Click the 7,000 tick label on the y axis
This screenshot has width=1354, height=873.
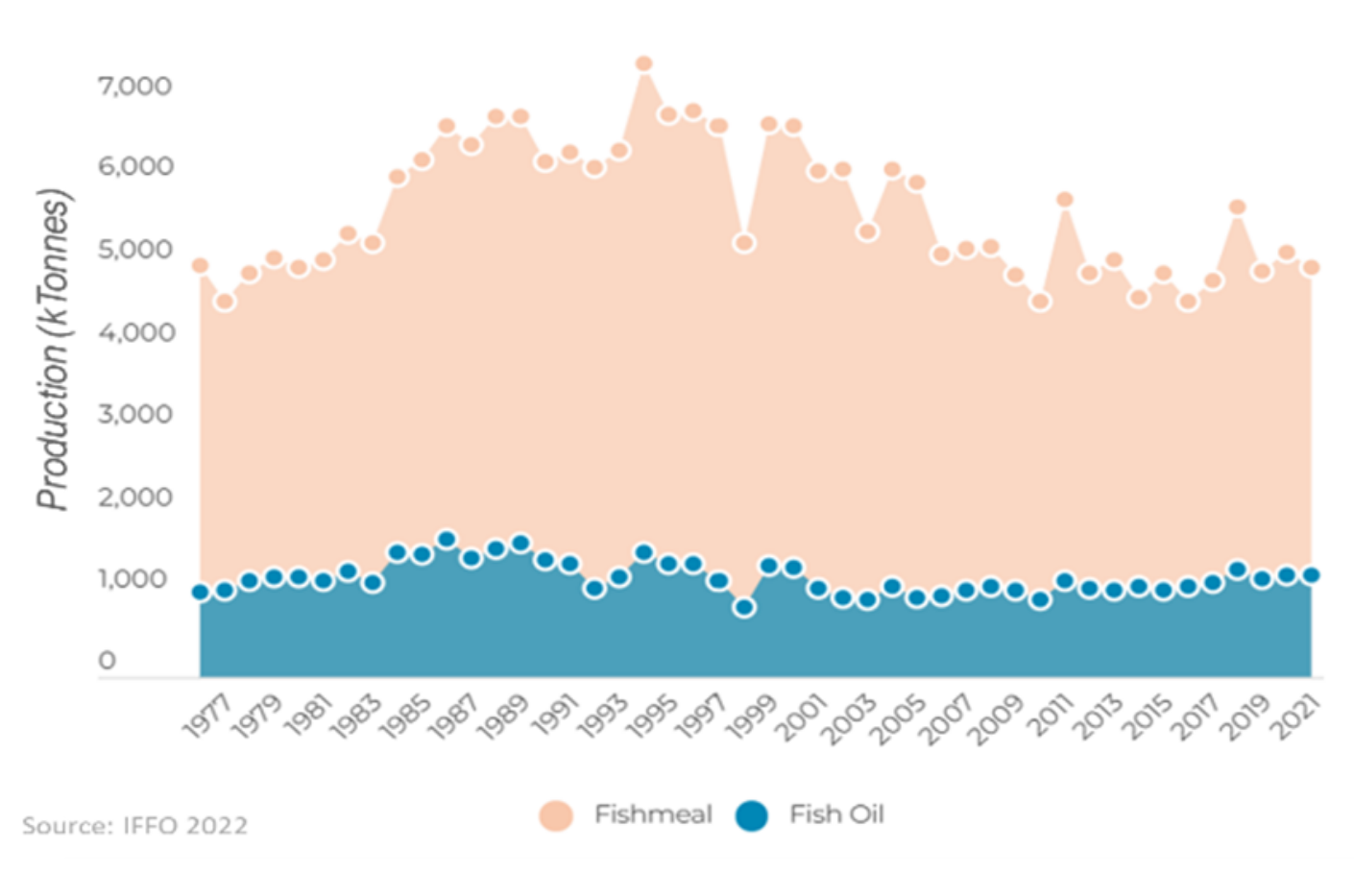point(134,86)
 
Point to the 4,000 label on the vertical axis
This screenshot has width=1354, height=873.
point(134,332)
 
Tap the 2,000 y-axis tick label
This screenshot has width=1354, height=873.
point(134,497)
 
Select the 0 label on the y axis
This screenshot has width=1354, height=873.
point(107,661)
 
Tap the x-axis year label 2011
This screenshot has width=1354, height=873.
point(1047,716)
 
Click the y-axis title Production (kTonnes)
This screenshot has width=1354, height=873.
point(54,350)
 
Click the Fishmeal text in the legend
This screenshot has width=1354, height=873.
point(653,814)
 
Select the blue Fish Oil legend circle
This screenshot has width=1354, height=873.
point(752,815)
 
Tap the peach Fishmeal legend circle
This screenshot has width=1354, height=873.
point(556,815)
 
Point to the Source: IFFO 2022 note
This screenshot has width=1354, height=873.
point(135,826)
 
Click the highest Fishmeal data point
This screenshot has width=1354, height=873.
point(644,63)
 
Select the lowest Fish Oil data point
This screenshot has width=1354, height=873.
point(744,607)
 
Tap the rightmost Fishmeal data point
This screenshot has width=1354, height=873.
point(1311,267)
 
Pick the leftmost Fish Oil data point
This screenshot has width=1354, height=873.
point(201,592)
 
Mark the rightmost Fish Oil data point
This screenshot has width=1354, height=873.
point(1311,574)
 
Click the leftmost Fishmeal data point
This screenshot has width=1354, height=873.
point(201,265)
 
